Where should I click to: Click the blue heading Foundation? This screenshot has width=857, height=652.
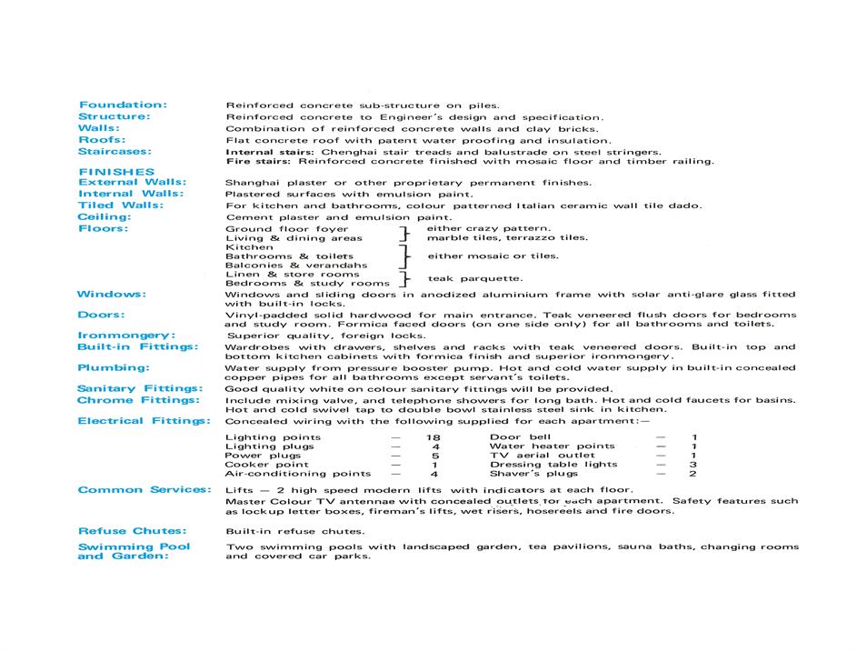[123, 105]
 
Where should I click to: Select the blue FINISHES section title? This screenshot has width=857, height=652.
[116, 172]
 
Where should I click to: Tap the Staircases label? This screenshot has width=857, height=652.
[115, 152]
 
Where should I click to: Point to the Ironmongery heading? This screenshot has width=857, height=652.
[126, 336]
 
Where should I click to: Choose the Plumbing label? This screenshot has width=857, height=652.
[114, 367]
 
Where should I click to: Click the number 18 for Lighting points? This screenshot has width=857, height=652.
[433, 437]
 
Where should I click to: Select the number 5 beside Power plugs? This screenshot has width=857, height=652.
[435, 456]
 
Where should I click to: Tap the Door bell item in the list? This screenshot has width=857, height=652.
[520, 437]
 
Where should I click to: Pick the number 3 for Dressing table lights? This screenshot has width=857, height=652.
[693, 465]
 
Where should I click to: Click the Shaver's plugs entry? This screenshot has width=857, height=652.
[533, 474]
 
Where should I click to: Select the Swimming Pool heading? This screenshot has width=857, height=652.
[134, 547]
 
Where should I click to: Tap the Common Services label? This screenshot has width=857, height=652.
[144, 490]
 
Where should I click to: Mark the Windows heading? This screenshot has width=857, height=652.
[111, 294]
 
